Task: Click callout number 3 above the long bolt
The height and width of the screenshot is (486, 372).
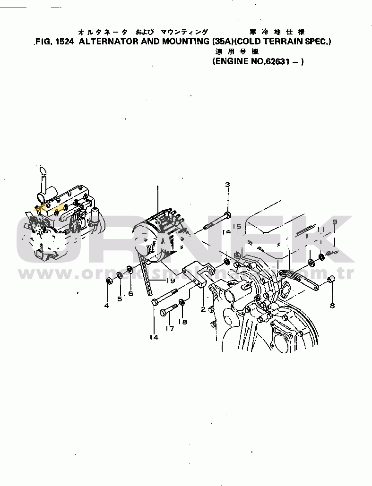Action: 227,184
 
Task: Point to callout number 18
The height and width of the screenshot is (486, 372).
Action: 182,322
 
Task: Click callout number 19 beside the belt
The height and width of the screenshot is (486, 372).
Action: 170,280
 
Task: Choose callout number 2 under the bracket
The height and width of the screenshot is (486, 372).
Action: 203,309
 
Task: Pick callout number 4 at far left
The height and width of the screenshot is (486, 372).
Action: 106,306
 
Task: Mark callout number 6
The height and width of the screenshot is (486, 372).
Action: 131,293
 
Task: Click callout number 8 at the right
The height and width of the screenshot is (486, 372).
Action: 332,306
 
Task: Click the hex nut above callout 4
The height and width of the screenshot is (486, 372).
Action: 108,282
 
